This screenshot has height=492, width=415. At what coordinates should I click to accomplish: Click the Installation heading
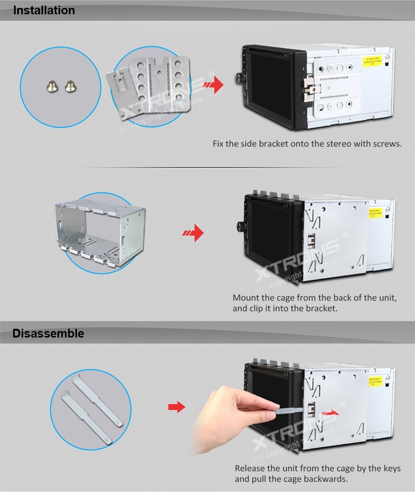[44, 11]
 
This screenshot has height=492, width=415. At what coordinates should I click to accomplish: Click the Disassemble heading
[48, 333]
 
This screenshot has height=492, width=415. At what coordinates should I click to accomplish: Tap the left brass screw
[52, 85]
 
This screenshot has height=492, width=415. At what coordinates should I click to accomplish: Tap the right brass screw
[69, 85]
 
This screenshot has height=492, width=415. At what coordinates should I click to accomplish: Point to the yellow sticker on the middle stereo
[375, 213]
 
